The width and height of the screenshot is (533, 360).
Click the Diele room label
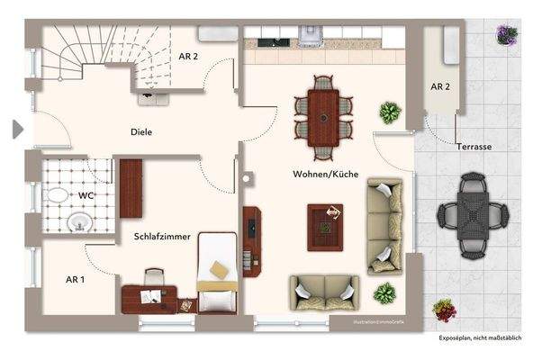140,132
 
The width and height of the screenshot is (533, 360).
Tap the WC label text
87,194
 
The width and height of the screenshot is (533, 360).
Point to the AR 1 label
76,280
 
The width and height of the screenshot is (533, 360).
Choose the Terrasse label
474,145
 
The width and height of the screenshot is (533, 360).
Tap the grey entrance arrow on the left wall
17,130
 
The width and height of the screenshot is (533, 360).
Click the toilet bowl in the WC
56,194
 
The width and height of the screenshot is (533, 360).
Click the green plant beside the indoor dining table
390,113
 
